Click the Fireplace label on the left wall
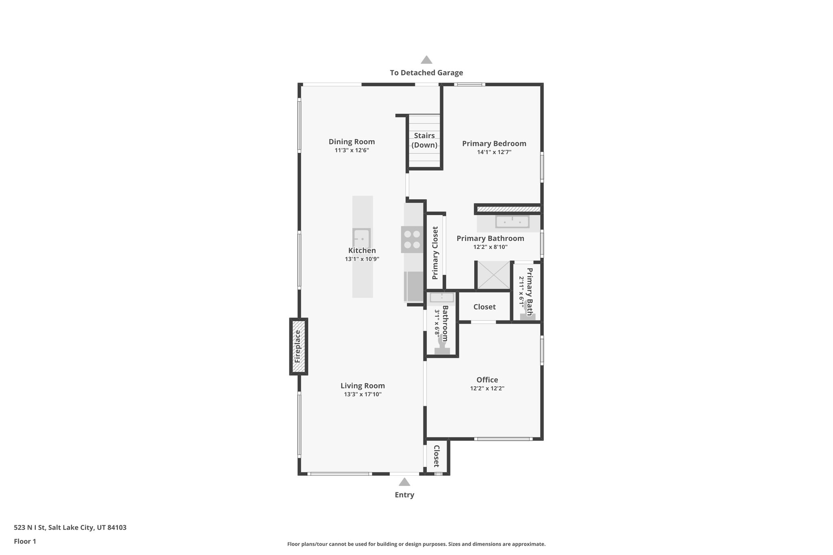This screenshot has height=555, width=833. (297, 346)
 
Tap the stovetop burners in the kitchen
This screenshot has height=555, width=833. (412, 239)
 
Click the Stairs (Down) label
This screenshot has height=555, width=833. (424, 140)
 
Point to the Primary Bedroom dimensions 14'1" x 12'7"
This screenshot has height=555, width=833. (494, 152)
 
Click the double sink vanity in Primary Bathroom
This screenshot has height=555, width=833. (512, 222)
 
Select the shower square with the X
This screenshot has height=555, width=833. (493, 276)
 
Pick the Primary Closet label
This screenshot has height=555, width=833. (435, 253)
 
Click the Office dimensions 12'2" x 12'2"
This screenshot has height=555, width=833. (487, 388)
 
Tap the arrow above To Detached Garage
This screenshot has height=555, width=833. (426, 60)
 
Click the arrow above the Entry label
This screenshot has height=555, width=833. (404, 482)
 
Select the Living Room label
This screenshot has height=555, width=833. (362, 386)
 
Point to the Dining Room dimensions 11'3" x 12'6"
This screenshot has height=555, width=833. (351, 150)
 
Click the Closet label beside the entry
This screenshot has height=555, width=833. (436, 456)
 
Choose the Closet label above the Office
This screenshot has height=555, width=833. (484, 307)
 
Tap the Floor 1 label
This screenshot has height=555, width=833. (25, 541)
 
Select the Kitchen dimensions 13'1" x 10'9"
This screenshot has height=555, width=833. (362, 259)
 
